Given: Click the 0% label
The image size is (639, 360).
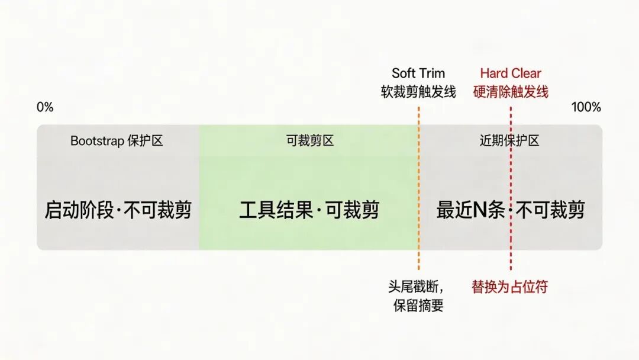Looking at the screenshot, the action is click(45, 107).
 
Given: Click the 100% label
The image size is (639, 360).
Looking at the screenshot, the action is click(586, 107).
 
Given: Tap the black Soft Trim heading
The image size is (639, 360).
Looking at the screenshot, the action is click(418, 74).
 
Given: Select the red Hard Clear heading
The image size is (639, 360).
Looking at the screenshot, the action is click(510, 74).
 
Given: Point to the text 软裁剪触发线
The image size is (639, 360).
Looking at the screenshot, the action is click(418, 92).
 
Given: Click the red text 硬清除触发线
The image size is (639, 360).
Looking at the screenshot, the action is click(510, 92).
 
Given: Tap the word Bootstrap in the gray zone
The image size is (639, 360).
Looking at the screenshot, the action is click(96, 141).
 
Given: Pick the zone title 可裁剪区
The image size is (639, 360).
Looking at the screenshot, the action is click(309, 141).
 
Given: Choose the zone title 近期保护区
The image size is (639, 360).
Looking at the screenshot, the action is click(509, 141).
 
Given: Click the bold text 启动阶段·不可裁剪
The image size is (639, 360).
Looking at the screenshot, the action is click(118, 210).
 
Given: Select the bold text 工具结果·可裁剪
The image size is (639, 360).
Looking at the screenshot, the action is click(309, 210).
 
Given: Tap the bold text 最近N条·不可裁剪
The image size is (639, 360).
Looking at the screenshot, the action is click(510, 210).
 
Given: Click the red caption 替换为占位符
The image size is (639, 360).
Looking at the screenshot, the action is click(509, 287).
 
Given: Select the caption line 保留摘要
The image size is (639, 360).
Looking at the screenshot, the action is click(418, 306).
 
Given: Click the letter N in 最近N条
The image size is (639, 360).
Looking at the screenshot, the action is click(480, 210).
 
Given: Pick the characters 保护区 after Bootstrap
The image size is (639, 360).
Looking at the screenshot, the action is click(144, 141).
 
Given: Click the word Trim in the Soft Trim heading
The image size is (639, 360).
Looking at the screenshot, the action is click(432, 74).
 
